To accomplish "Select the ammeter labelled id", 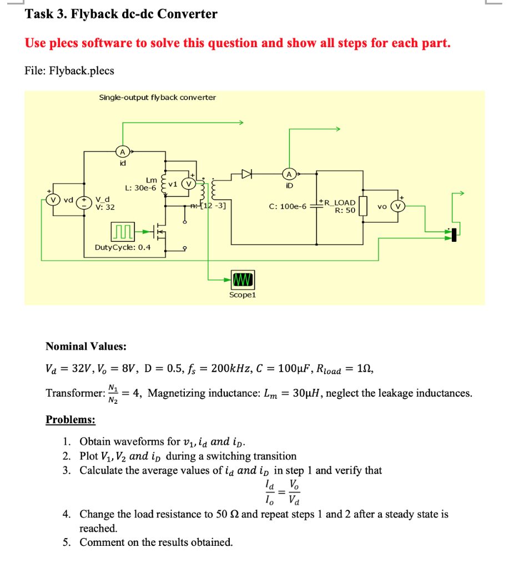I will click(x=122, y=152).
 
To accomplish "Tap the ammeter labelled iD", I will click(x=288, y=174).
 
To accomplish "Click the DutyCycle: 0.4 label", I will click(x=122, y=247).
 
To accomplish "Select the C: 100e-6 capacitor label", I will click(x=287, y=206).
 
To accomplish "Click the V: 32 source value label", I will click(x=106, y=207).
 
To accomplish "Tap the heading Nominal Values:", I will click(x=85, y=347).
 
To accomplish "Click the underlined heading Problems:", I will click(x=70, y=420).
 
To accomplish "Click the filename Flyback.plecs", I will click(x=82, y=70).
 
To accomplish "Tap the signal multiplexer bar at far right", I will click(x=454, y=235).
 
